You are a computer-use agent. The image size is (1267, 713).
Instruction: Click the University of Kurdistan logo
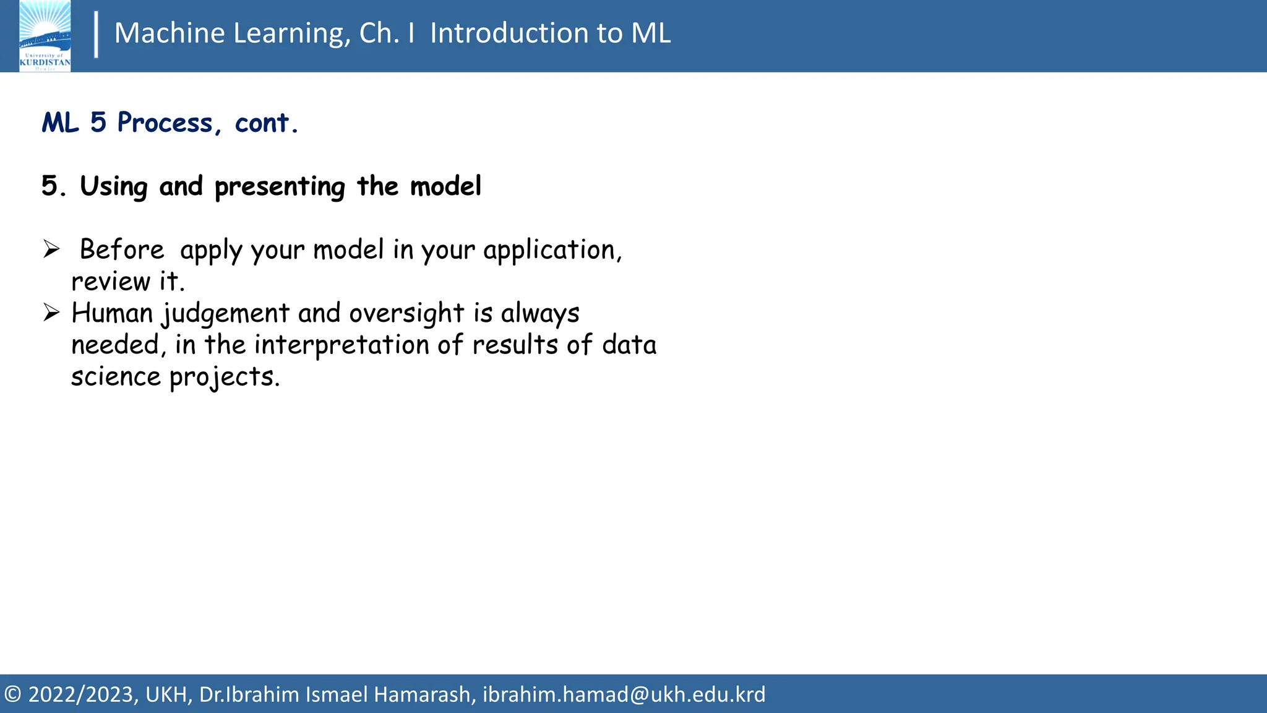pyautogui.click(x=45, y=36)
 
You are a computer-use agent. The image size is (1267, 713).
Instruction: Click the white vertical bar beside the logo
pyautogui.click(x=96, y=35)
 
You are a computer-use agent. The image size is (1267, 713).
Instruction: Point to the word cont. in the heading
pyautogui.click(x=266, y=123)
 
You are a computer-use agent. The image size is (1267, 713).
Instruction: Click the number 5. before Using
pyautogui.click(x=54, y=186)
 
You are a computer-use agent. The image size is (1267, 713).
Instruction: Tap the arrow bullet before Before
pyautogui.click(x=51, y=249)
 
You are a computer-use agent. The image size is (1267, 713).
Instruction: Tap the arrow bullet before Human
pyautogui.click(x=51, y=313)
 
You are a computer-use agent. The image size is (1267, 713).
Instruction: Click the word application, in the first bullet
pyautogui.click(x=552, y=250)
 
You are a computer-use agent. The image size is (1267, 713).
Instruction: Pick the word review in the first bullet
pyautogui.click(x=111, y=282)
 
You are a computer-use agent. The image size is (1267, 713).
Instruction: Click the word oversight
pyautogui.click(x=406, y=314)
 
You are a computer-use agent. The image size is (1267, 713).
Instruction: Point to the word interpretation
pyautogui.click(x=341, y=345)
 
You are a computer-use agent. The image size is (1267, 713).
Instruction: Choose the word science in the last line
pyautogui.click(x=116, y=376)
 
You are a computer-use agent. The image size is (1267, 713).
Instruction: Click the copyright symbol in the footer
pyautogui.click(x=13, y=694)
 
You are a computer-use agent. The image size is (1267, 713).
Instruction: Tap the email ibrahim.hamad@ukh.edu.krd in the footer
pyautogui.click(x=624, y=694)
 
